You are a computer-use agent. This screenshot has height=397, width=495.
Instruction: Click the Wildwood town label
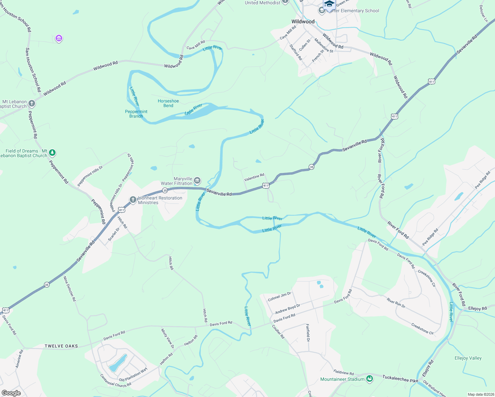pyautogui.click(x=303, y=22)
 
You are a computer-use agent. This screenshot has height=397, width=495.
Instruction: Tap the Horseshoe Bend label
pyautogui.click(x=168, y=103)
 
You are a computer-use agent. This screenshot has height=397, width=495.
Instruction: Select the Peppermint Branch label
pyautogui.click(x=136, y=114)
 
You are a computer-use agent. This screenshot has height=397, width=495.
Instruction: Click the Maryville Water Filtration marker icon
pyautogui.click(x=197, y=180)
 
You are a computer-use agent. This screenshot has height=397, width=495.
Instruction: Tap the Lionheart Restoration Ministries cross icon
pyautogui.click(x=133, y=199)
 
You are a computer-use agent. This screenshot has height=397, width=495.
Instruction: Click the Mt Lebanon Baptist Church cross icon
pyautogui.click(x=32, y=104)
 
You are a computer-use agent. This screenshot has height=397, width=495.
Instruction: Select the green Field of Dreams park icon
pyautogui.click(x=52, y=153)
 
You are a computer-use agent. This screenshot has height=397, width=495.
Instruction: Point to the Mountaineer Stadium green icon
pyautogui.click(x=370, y=379)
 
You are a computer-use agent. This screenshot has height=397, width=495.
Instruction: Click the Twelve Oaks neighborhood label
pyautogui.click(x=61, y=346)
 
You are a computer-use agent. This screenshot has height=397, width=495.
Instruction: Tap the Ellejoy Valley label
pyautogui.click(x=468, y=358)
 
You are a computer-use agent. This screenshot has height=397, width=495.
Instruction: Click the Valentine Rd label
pyautogui.click(x=254, y=177)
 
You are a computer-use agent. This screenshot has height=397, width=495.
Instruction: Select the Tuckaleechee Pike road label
pyautogui.click(x=400, y=379)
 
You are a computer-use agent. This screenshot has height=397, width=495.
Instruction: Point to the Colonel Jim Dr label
pyautogui.click(x=279, y=296)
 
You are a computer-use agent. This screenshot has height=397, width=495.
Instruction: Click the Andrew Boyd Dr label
pyautogui.click(x=288, y=309)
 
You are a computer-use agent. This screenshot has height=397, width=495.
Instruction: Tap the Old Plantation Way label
pyautogui.click(x=133, y=375)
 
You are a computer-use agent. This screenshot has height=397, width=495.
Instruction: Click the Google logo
pyautogui.click(x=11, y=393)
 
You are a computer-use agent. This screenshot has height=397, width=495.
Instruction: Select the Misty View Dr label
pyautogui.click(x=167, y=338)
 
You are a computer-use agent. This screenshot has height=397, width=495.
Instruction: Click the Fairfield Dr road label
pyautogui.click(x=308, y=332)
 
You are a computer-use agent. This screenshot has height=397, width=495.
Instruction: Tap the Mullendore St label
pyautogui.click(x=324, y=46)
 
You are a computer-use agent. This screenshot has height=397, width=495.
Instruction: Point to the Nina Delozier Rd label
pyautogui.click(x=69, y=288)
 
